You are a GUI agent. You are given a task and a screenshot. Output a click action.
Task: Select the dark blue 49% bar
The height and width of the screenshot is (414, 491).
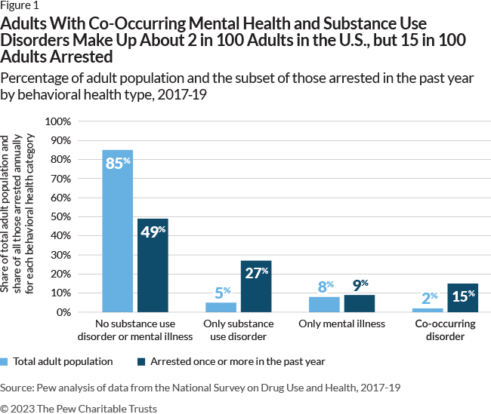153,265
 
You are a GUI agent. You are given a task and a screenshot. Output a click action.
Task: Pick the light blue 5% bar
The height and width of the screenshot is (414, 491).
221,307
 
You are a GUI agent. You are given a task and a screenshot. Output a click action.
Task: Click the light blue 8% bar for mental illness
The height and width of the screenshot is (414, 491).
324,304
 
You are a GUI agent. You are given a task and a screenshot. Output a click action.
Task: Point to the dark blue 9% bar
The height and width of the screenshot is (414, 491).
359,303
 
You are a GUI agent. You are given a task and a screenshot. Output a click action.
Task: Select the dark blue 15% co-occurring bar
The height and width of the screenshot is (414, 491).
462,297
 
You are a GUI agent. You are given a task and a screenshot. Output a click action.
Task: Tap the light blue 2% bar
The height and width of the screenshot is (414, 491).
428,310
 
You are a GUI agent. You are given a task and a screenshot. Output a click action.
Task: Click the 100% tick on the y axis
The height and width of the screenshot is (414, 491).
58,121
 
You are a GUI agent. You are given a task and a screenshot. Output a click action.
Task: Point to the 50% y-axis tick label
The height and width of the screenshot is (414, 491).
60,216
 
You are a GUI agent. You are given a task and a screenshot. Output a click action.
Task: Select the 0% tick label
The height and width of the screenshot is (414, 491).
63,311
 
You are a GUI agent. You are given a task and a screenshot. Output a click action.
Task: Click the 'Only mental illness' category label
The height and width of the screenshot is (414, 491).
341,324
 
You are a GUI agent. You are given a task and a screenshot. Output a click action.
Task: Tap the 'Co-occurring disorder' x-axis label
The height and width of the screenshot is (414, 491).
445,330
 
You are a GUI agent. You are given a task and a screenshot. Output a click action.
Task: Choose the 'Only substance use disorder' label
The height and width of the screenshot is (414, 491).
239,330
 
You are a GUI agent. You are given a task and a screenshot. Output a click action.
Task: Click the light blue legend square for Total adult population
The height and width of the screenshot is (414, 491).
5,362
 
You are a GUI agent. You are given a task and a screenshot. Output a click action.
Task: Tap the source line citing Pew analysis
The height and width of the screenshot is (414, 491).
200,388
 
